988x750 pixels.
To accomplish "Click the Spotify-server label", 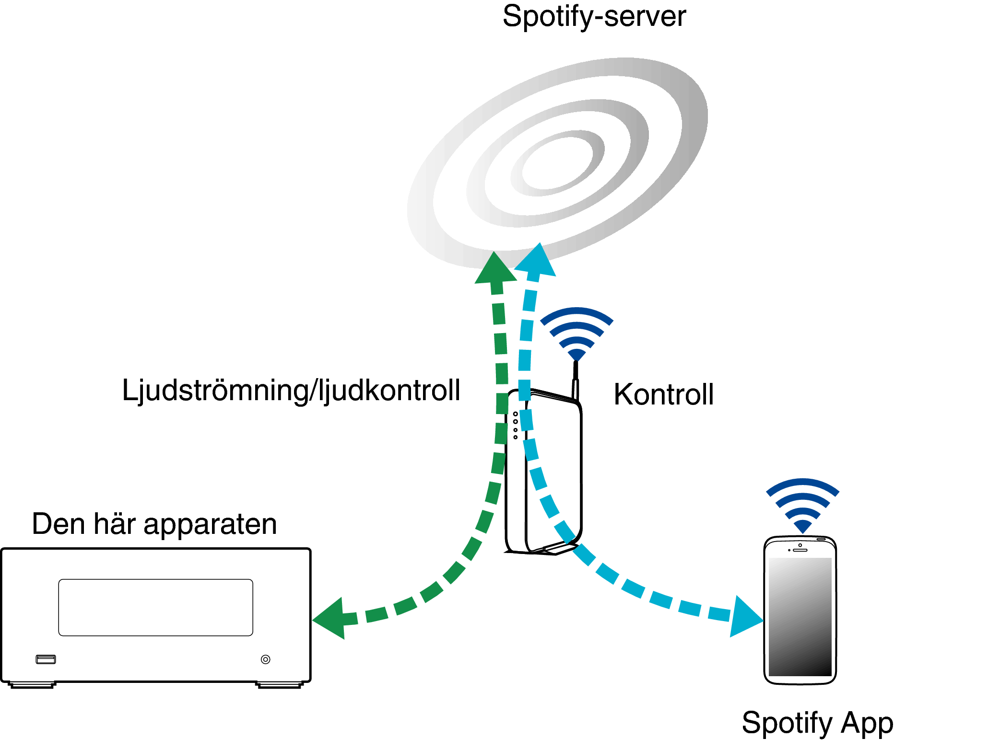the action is [594, 17].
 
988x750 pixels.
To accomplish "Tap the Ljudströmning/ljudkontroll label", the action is [291, 391].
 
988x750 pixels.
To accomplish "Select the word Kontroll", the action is [664, 394].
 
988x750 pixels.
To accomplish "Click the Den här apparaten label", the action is [154, 524].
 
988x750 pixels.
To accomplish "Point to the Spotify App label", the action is [817, 723].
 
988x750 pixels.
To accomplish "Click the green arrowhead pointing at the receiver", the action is [329, 618].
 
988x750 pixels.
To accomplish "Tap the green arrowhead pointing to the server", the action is [495, 267].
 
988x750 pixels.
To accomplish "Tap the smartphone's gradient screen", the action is [800, 617].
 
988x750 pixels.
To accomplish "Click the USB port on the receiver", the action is [46, 659].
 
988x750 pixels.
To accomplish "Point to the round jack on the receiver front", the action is [266, 659].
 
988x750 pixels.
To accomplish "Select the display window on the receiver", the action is [156, 608].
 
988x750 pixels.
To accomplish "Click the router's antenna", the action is [576, 381].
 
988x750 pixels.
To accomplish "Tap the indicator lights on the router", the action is [516, 425].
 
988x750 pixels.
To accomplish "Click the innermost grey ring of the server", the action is [557, 163].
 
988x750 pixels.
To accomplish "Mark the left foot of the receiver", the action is [32, 685].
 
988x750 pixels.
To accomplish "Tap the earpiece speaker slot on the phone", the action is [800, 550].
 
